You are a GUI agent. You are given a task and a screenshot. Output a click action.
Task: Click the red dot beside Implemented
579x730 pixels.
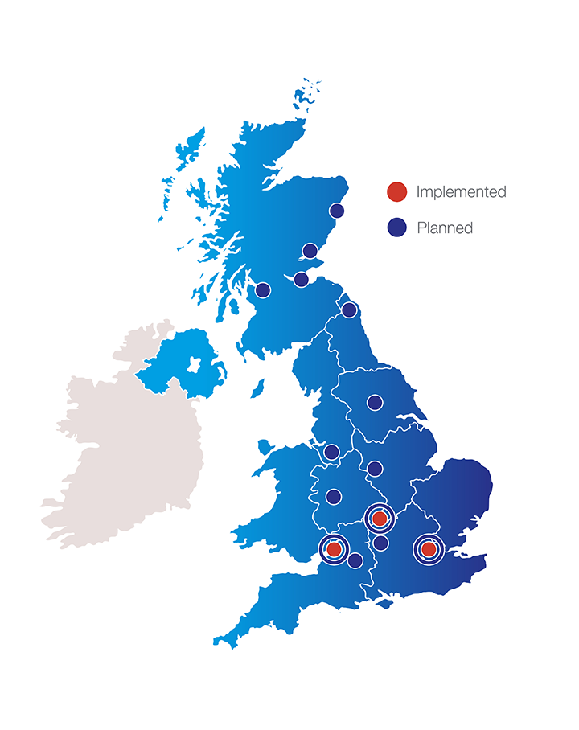click(396, 192)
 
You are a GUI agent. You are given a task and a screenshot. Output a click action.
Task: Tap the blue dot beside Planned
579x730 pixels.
click(396, 228)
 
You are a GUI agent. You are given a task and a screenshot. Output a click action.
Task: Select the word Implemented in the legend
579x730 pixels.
click(461, 192)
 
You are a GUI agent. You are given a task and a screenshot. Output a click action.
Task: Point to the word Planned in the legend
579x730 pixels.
click(445, 228)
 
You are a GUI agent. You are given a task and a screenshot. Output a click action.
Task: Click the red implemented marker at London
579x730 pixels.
click(429, 549)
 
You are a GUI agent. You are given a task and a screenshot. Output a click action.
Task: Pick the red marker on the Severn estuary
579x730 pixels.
click(334, 549)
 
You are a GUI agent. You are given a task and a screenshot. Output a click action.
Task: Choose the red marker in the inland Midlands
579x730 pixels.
click(380, 519)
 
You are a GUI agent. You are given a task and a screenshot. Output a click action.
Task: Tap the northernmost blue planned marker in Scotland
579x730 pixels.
click(337, 211)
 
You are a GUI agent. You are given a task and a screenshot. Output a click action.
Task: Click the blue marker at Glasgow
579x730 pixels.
click(263, 289)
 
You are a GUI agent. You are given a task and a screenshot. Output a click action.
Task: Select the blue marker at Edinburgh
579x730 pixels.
click(301, 279)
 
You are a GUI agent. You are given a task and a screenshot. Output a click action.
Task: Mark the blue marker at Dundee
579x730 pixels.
click(310, 250)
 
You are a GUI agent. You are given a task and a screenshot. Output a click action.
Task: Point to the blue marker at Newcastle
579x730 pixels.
click(349, 310)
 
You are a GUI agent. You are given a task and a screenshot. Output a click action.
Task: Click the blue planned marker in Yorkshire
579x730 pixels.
click(375, 401)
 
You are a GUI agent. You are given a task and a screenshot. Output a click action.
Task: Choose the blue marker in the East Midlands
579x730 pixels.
click(375, 467)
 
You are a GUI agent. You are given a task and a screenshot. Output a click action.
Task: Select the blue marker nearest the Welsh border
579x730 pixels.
click(333, 496)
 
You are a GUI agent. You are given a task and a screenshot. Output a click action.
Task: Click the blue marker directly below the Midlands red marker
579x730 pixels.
click(381, 543)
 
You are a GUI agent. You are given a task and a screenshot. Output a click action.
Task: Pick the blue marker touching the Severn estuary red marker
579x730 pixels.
click(355, 560)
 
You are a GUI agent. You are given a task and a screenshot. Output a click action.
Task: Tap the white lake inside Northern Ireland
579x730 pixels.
click(193, 365)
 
